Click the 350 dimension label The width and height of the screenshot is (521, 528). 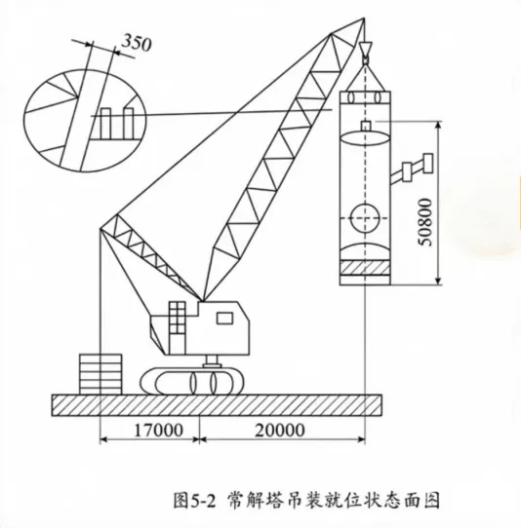(137, 43)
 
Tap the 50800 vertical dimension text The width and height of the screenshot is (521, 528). (424, 222)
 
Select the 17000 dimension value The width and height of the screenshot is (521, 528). (158, 430)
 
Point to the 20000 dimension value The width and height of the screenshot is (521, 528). (280, 430)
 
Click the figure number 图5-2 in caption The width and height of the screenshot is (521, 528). (194, 500)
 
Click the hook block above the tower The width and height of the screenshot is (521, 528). (365, 53)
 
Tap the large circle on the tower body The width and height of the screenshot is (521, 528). (365, 217)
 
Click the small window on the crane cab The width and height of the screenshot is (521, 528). (224, 319)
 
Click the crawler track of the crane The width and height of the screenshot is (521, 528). (192, 381)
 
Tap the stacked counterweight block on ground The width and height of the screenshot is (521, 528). (100, 374)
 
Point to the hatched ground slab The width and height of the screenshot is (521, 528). (217, 405)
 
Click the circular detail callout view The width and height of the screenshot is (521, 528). (85, 120)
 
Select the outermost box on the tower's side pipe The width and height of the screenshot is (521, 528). (428, 163)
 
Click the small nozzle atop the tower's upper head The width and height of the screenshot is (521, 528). (365, 126)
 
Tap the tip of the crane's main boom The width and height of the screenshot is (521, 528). (364, 19)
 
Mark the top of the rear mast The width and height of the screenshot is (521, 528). (100, 229)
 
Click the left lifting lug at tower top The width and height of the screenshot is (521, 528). (351, 97)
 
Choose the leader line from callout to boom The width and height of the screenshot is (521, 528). (212, 112)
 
